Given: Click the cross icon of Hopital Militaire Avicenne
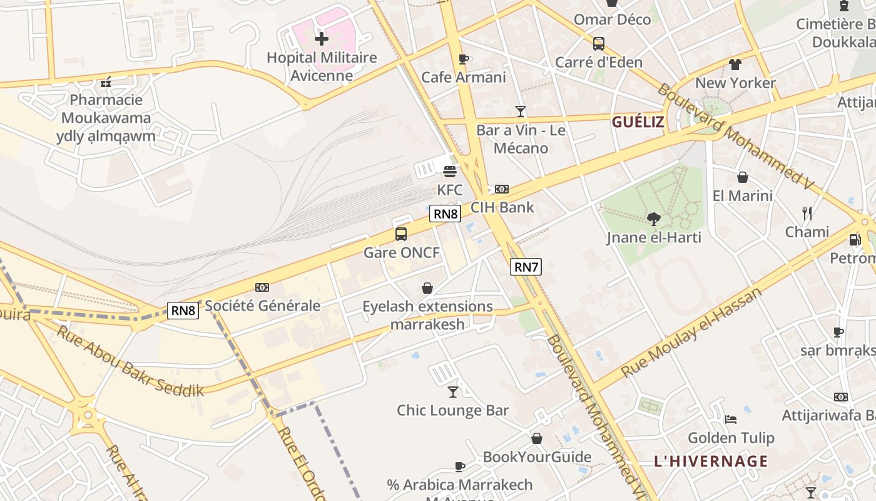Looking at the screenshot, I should point(321,39).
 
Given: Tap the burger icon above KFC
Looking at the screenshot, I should point(449,171).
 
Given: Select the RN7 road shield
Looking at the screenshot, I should point(526,267).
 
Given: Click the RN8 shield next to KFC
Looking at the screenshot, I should point(446,214).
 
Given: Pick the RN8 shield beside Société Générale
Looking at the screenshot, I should point(183,311).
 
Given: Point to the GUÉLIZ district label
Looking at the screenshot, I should point(638,122).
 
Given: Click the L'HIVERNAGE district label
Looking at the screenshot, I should point(711,462).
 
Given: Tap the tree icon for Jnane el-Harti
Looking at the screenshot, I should point(654,219).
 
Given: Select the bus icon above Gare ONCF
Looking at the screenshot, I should point(401,234).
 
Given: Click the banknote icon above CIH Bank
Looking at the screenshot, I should point(502,189).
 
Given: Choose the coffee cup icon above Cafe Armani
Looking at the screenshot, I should point(464,59).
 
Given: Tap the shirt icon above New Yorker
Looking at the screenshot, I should point(735,64).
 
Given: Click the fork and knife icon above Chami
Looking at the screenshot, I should point(807,214).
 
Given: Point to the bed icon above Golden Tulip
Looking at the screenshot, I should point(731,419).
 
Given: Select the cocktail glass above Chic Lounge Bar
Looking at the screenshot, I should point(453,392).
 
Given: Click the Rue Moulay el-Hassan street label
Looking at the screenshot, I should point(691,333).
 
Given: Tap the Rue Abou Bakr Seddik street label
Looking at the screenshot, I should point(130,361).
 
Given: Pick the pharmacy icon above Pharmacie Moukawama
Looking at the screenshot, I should point(106,81).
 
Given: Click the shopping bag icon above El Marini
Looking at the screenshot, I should point(743,177).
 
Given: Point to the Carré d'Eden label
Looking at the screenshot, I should point(599,62).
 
